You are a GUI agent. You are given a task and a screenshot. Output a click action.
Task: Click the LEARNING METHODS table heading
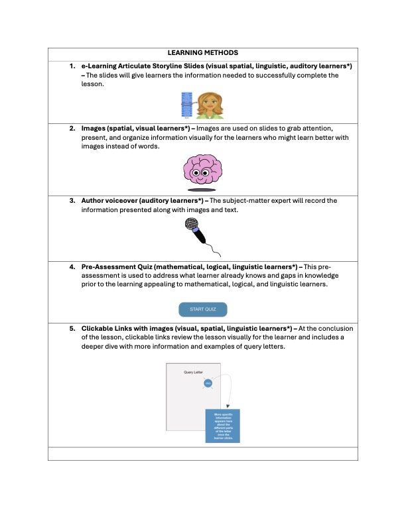(203, 52)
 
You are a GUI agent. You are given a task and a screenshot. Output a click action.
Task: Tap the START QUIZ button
(203, 310)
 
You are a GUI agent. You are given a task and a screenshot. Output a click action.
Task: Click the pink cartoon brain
(202, 170)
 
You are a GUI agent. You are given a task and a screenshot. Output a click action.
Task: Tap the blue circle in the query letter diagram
(208, 384)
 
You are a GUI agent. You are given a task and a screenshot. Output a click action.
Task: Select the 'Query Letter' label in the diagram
(193, 373)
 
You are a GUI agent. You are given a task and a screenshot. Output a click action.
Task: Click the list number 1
(72, 67)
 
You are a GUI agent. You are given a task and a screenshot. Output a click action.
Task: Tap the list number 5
(72, 328)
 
